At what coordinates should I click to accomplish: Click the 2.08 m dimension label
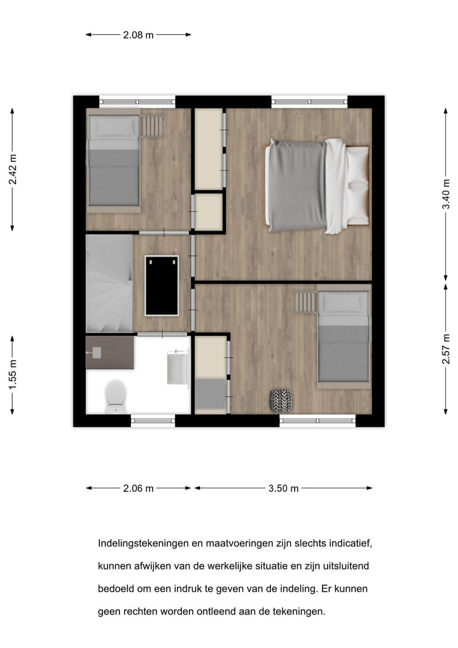[138, 35]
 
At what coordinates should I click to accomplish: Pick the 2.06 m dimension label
[138, 489]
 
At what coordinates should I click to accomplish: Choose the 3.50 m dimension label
[283, 489]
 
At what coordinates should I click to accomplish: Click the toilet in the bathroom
[115, 396]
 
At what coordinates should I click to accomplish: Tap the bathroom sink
[177, 368]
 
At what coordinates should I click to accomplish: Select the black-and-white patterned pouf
[281, 400]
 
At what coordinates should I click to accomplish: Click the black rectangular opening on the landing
[162, 285]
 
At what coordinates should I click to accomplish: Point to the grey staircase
[109, 284]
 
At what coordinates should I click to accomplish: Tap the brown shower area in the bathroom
[109, 353]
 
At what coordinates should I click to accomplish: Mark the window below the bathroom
[153, 420]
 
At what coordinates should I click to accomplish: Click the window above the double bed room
[309, 101]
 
